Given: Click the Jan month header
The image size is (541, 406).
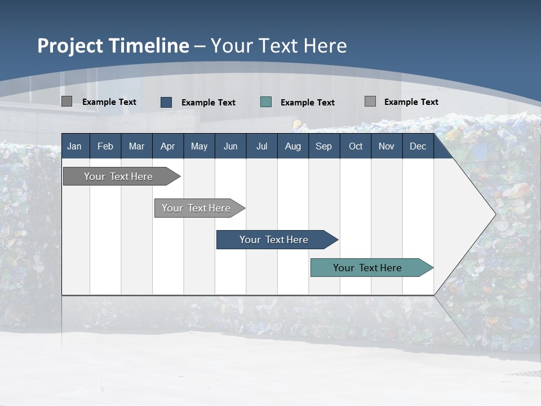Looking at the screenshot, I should [74, 147].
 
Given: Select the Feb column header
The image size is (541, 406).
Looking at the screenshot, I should [105, 147].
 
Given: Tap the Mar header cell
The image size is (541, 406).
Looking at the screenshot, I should [136, 147].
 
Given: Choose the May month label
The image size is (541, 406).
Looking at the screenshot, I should [199, 147].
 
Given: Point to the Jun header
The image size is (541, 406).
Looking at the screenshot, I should [230, 147].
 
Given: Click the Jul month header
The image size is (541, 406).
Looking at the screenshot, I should [261, 147].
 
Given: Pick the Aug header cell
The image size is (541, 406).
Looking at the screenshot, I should [293, 147].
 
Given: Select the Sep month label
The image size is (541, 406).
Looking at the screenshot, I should [324, 147].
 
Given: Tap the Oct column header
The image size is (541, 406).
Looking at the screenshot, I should [356, 147].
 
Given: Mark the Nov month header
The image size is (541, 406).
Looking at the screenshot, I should [387, 147].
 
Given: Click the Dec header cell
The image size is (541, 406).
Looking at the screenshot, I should [418, 147].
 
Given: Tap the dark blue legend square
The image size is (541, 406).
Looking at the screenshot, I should [166, 102].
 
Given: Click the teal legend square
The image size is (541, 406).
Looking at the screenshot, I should [266, 102].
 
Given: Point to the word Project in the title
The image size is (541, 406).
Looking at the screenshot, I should [70, 46].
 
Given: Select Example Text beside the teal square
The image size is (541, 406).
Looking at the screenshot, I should [308, 103].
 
